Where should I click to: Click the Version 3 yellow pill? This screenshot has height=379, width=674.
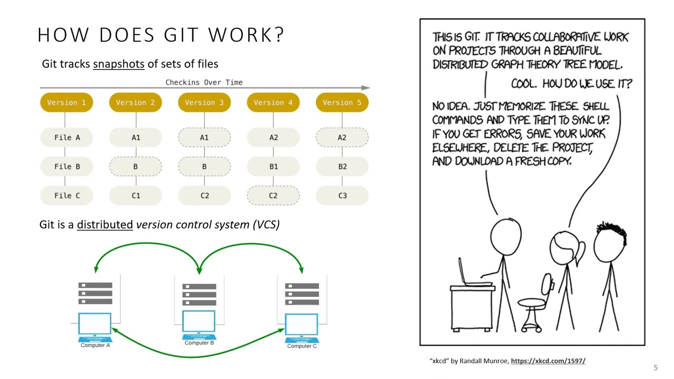(x=204, y=103)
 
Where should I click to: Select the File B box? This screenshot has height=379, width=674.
(x=67, y=166)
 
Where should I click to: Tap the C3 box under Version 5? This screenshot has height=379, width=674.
(x=342, y=196)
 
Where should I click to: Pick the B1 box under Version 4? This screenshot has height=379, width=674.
(x=273, y=166)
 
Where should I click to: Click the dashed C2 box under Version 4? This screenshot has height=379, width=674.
(x=273, y=196)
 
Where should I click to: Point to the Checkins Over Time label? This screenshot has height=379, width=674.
(x=204, y=82)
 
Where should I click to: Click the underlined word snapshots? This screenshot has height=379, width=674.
(x=118, y=64)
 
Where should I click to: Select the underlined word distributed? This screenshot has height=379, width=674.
(x=105, y=225)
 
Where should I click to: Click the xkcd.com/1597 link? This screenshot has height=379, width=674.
(x=548, y=361)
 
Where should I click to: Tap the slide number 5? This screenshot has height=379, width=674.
(x=656, y=367)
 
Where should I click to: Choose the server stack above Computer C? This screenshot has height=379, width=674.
(x=302, y=294)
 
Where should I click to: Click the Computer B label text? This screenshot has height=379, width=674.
(x=199, y=343)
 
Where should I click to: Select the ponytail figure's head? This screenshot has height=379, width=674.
(x=566, y=247)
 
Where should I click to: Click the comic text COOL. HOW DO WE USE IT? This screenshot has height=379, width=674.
(x=571, y=84)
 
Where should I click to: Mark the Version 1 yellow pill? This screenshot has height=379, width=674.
(x=66, y=103)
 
